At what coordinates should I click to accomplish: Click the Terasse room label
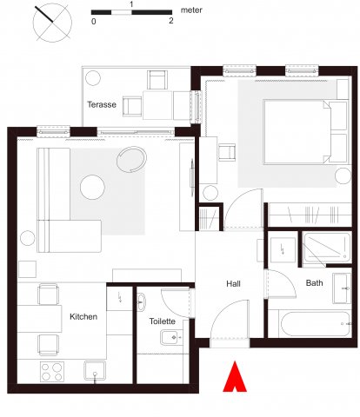point(102,104)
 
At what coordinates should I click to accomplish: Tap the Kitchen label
point(83,316)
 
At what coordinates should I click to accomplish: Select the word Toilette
point(163,321)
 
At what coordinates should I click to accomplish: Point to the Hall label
point(233,284)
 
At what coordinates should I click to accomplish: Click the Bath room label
point(314,282)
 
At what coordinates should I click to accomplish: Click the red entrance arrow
point(235,376)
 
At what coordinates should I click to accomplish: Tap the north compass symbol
point(52,23)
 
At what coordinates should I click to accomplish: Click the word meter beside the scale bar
point(191,10)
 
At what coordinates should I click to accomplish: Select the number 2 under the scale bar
point(171,21)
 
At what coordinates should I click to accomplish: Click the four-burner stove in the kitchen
point(52,372)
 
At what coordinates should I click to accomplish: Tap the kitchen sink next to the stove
point(95,370)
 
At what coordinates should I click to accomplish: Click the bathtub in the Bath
point(316,324)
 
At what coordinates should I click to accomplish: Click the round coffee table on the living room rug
point(92,187)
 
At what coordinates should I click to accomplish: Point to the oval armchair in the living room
point(131,160)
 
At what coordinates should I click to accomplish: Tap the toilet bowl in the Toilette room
point(171,338)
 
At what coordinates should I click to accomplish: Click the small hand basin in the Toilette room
point(141,302)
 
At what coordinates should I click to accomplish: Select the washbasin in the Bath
point(342,288)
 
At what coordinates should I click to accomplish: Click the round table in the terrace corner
point(93,78)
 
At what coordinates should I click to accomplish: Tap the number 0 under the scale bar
point(94,22)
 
